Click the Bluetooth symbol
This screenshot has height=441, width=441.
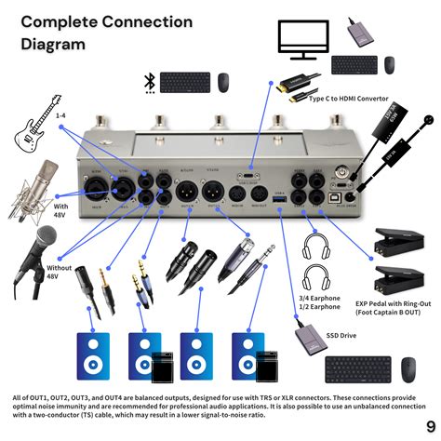[x=148, y=82]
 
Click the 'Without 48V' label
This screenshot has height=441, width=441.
[x=59, y=270]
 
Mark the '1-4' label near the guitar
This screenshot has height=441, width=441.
[x=60, y=114]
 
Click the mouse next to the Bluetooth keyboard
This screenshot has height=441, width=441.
[x=224, y=82]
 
